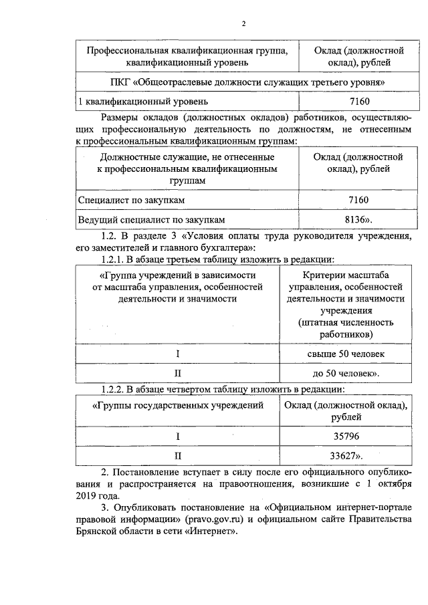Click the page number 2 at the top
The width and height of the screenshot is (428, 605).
tap(244, 25)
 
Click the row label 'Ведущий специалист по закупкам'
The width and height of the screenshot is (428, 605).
tap(152, 219)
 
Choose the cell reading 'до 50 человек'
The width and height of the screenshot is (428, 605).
tap(346, 372)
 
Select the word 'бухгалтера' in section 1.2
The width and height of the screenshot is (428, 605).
tap(215, 247)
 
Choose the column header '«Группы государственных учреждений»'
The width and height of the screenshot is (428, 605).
tap(178, 406)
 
